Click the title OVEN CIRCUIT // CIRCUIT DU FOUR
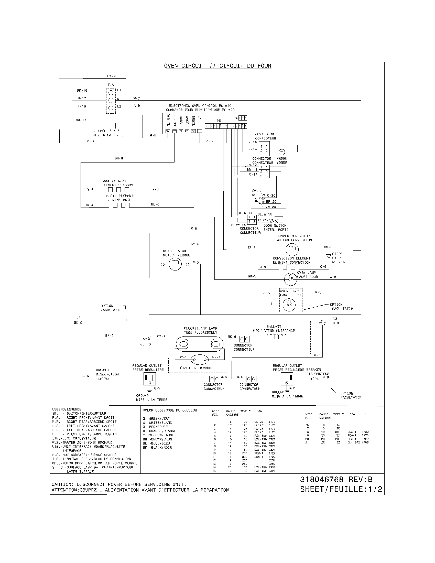[217, 66]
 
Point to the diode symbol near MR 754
[329, 256]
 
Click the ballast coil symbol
[276, 337]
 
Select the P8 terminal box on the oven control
[167, 131]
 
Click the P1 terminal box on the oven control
[199, 131]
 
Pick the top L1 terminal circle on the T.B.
[111, 92]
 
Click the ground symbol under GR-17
[114, 130]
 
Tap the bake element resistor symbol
[118, 190]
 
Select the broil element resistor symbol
[119, 205]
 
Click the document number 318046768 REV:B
[336, 480]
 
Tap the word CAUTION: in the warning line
[63, 484]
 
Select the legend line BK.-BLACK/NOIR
[157, 448]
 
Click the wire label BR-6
[119, 158]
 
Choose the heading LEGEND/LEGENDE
[67, 409]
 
